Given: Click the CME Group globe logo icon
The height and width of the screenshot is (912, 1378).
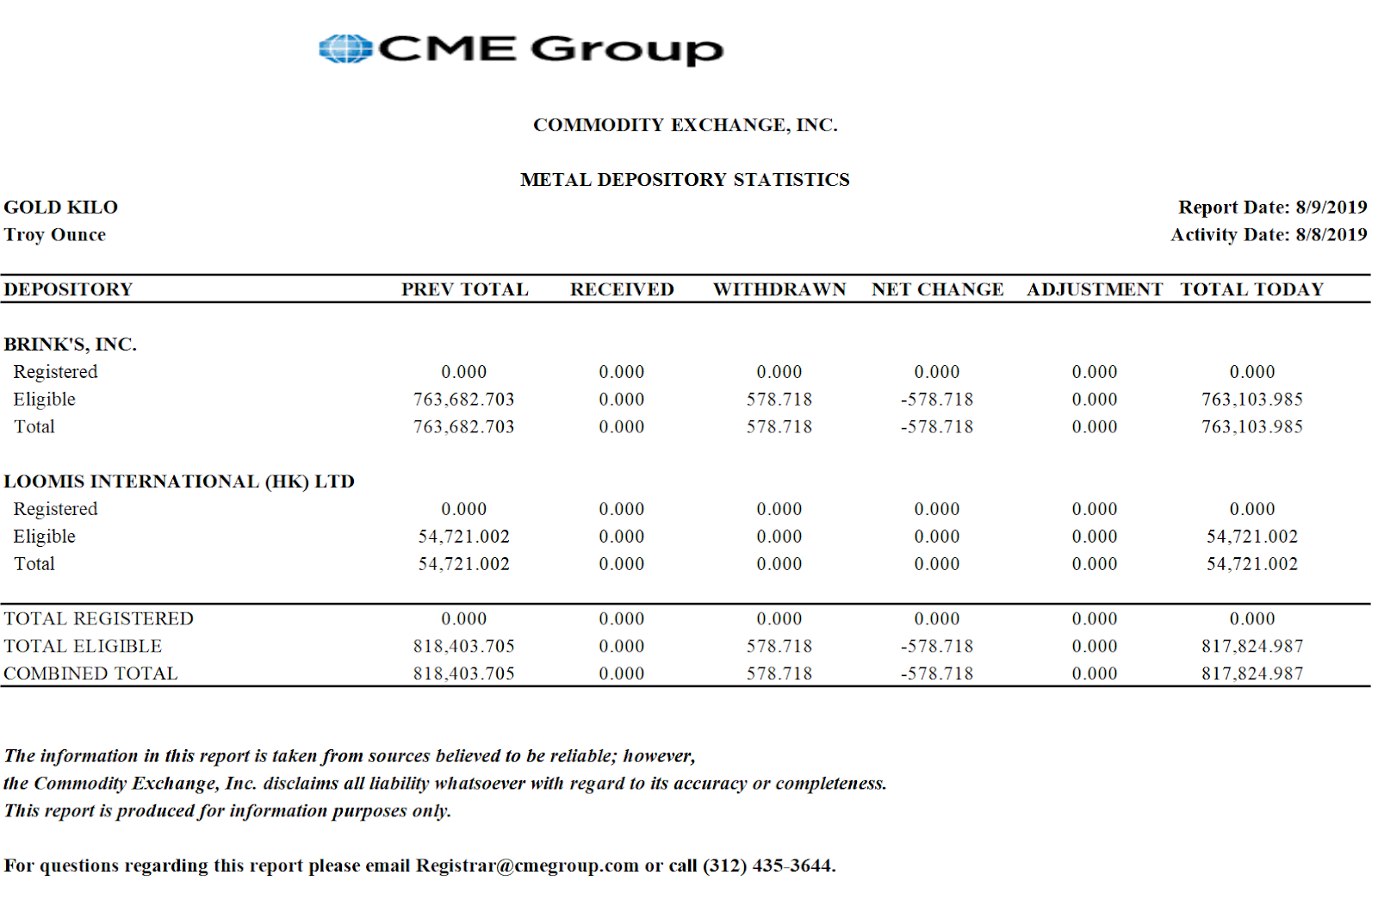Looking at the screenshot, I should tap(344, 49).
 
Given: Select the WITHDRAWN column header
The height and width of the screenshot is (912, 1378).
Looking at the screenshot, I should tap(779, 289).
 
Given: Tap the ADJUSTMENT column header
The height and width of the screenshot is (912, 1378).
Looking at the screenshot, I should tap(1094, 289).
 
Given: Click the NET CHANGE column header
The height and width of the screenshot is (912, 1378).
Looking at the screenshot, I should tap(937, 289).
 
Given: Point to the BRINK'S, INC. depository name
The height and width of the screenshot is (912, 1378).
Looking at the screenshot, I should tap(71, 344).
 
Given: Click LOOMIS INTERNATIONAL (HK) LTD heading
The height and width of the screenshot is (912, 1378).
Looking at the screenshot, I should tap(179, 481).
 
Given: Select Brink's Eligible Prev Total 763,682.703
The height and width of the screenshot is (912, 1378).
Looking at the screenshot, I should tap(463, 400).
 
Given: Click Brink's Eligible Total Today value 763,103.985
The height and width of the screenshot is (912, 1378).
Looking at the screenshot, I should tap(1251, 400).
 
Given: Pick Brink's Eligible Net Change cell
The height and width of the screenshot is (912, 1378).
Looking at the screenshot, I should tap(937, 400).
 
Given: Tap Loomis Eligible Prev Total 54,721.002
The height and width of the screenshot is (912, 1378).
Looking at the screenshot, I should tap(463, 537).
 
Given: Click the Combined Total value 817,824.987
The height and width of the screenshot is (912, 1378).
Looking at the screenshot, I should tap(1251, 673).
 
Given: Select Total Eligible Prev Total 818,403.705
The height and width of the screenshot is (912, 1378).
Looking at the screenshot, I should tap(463, 646).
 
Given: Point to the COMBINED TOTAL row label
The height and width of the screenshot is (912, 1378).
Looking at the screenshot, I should tap(90, 673).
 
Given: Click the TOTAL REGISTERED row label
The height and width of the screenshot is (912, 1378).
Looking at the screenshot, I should tap(98, 618).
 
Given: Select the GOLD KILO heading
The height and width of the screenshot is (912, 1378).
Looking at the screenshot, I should tap(61, 208).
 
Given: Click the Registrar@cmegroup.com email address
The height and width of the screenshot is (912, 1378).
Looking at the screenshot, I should tap(527, 865).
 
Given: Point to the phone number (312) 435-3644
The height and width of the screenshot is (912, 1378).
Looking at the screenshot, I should tap(768, 865).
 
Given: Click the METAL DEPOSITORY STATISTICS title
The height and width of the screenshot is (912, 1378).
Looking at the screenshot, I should tap(685, 180).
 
